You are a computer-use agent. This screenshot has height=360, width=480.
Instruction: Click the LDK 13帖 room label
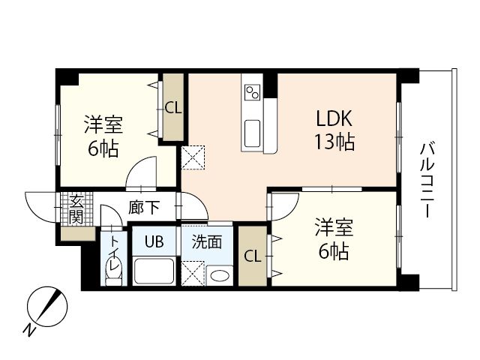tap(334, 129)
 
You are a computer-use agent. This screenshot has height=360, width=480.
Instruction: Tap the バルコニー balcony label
tap(425, 179)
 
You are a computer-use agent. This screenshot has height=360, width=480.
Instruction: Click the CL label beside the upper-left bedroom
tap(172, 108)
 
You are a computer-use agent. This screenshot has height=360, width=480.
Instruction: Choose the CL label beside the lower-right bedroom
tap(253, 256)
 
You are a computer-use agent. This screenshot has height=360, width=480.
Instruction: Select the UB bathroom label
tap(154, 241)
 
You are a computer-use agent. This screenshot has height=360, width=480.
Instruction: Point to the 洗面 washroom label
tap(206, 241)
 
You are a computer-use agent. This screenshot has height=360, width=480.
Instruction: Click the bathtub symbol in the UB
tap(154, 270)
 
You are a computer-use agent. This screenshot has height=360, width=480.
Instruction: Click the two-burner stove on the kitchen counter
tap(252, 91)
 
